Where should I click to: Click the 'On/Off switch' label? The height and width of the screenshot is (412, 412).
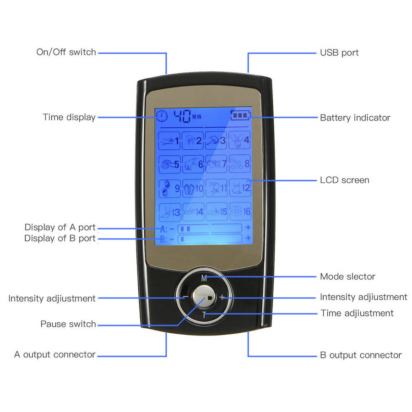point(66,52)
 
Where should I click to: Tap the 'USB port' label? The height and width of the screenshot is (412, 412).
point(339,53)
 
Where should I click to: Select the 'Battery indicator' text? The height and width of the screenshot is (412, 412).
point(355,118)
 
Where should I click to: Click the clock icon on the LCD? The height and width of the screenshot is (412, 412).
point(162,116)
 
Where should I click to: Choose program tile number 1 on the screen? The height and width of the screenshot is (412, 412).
point(169,140)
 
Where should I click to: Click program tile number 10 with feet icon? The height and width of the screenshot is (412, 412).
point(193,187)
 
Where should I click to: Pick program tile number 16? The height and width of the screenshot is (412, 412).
point(240,211)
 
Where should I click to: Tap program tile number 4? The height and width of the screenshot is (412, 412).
point(240,140)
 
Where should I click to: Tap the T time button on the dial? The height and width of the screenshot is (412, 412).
point(205,314)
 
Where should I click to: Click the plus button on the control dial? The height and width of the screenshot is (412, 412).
point(222,297)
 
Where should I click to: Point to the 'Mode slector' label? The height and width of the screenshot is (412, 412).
point(347,276)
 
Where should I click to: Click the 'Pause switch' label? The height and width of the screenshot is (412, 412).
point(68,324)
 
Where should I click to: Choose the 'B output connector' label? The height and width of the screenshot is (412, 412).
point(361,355)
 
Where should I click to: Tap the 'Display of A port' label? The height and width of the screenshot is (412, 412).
point(60,228)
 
